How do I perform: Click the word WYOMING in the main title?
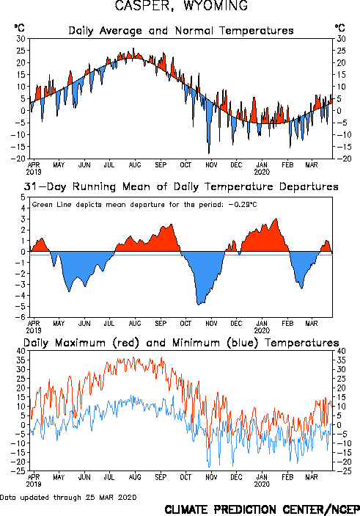[216, 6]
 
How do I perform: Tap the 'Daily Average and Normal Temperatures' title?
[181, 31]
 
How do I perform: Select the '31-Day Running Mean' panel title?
[181, 187]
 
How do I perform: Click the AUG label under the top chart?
[135, 164]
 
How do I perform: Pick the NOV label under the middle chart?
[211, 324]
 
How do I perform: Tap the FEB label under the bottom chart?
[287, 477]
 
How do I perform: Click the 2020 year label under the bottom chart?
[262, 484]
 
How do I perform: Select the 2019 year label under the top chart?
[34, 172]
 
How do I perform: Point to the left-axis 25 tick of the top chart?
[21, 51]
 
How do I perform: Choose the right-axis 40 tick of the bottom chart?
[341, 351]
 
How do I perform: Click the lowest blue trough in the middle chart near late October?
[198, 305]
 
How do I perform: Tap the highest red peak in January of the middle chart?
[276, 219]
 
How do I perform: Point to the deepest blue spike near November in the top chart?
[209, 153]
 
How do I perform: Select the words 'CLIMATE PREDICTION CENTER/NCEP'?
[262, 509]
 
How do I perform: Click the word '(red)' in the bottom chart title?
[126, 343]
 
